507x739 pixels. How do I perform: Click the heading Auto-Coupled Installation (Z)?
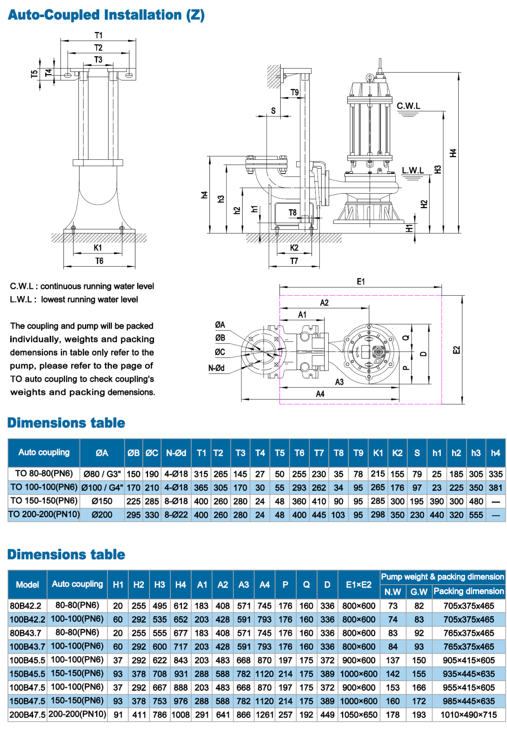(106, 15)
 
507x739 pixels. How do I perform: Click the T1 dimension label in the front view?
(99, 35)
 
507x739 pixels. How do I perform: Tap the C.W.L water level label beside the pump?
(408, 106)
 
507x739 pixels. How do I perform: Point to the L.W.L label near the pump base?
(413, 171)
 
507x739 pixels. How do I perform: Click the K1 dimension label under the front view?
(98, 248)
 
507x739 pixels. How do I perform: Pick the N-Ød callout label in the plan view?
(216, 368)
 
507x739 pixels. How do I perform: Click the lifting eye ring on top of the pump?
(369, 77)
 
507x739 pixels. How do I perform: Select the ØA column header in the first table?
(102, 453)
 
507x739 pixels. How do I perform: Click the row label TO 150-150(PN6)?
(44, 501)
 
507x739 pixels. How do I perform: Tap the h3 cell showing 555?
(476, 515)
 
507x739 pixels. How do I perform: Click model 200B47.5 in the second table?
(27, 715)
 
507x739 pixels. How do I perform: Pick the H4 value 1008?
(181, 715)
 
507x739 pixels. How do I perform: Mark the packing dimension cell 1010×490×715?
(469, 715)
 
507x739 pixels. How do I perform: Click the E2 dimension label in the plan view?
(456, 350)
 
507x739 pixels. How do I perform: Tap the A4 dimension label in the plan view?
(320, 394)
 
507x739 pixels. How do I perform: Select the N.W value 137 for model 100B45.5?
(393, 661)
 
